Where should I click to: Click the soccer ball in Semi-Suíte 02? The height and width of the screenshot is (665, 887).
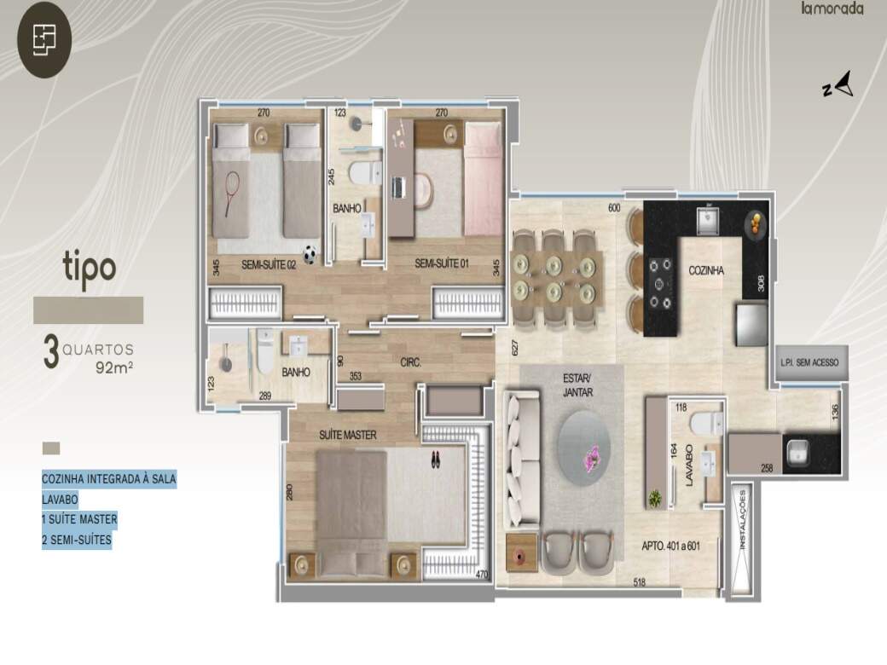[309, 255]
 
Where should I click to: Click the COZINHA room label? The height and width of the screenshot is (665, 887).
[706, 271]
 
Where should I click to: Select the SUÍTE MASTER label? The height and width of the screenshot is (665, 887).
[347, 435]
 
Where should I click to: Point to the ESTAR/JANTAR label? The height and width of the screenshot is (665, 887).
[577, 385]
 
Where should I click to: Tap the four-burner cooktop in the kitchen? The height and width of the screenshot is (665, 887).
[659, 283]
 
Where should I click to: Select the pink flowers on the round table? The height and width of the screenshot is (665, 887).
[592, 457]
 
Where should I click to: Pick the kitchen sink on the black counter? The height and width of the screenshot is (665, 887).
[708, 221]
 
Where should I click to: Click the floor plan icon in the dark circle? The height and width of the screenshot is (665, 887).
[44, 39]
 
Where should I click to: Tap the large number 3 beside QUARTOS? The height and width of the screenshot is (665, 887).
[51, 352]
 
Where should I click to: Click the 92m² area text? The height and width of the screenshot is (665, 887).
[114, 367]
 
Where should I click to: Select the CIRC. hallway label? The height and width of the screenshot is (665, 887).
[411, 362]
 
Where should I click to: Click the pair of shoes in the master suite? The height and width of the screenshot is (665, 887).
[435, 459]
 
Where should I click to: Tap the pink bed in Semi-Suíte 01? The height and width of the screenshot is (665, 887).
[483, 180]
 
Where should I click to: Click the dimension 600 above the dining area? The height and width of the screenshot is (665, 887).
[614, 208]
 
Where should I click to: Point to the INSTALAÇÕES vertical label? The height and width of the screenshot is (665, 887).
[742, 520]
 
